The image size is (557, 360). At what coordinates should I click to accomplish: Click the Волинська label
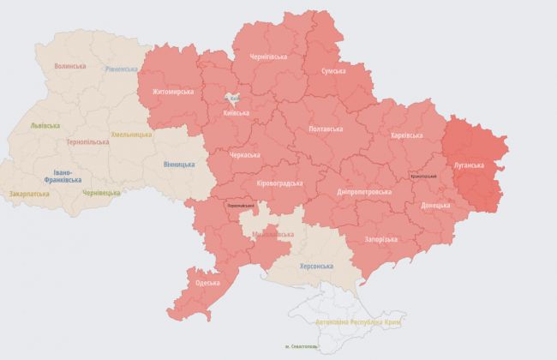tap(70, 66)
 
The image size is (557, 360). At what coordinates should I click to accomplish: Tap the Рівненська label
tap(123, 69)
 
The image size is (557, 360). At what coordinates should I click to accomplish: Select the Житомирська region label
tap(173, 92)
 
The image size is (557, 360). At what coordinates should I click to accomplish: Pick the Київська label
tap(236, 112)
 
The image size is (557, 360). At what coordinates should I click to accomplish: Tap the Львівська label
tap(45, 124)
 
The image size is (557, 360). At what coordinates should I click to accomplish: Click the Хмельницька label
tap(131, 135)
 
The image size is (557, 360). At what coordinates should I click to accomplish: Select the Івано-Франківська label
tap(63, 176)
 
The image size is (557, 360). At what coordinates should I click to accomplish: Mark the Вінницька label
tap(179, 165)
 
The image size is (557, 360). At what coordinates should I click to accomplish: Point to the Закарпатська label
tap(29, 195)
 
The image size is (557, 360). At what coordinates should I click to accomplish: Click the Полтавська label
tap(326, 129)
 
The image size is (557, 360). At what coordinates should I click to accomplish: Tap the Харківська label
tap(406, 135)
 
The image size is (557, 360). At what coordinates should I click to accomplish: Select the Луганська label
tap(469, 165)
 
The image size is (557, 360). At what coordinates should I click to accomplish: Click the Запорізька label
tap(380, 239)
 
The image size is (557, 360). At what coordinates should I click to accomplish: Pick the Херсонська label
tap(316, 267)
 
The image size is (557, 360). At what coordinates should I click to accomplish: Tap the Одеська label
tap(207, 283)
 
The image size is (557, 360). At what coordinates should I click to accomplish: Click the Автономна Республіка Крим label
tap(359, 321)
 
